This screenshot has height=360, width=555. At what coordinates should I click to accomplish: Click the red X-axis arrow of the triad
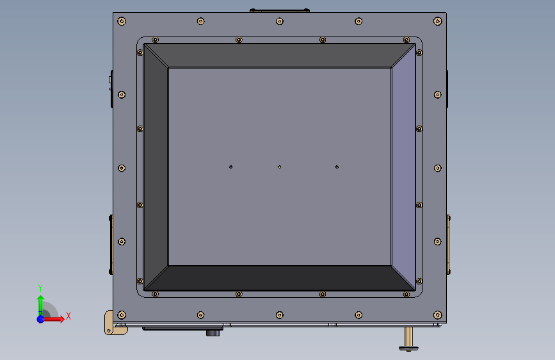pos(56,318)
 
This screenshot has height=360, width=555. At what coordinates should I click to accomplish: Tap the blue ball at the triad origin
pos(40,318)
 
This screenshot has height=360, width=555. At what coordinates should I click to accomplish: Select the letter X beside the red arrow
pos(68,316)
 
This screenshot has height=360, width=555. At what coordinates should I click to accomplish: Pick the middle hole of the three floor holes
pos(280,167)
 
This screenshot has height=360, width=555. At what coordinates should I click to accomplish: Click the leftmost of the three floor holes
pos(231,167)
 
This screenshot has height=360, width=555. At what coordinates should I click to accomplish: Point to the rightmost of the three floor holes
pos(337,167)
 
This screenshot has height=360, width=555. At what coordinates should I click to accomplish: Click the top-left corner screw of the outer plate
pos(122,21)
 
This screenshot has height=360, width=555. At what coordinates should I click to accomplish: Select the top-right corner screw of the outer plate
pos(438,21)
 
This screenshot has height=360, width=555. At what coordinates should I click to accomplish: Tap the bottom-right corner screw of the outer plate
pos(438,315)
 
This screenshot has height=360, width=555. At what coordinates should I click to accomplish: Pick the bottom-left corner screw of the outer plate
pos(122,315)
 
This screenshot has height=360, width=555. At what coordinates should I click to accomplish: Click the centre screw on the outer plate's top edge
pos(280,21)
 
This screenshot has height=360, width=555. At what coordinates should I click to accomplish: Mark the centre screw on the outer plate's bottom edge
pos(280,315)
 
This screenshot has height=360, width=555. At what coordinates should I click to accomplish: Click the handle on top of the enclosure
pos(280,10)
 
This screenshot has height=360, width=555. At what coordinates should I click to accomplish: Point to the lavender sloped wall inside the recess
pos(403,167)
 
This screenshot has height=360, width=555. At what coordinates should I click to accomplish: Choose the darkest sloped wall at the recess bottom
pos(280,277)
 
